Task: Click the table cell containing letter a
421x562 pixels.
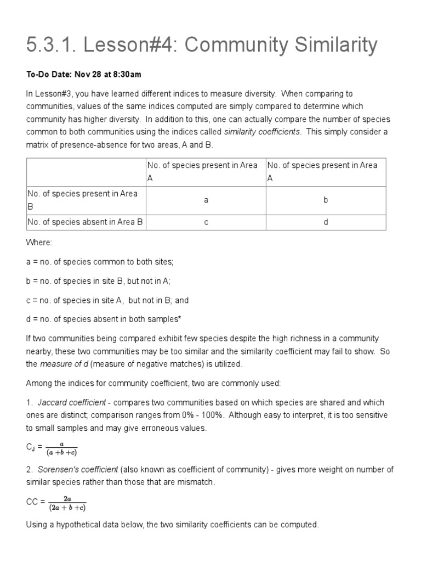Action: (x=206, y=200)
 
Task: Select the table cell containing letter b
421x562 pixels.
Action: (x=326, y=200)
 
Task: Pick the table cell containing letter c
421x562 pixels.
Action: (x=206, y=222)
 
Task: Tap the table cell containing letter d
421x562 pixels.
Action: (x=326, y=222)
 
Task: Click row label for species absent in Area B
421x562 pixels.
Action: (x=85, y=222)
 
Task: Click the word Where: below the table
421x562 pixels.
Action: (x=39, y=242)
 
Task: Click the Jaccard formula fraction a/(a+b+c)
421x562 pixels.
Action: (x=61, y=448)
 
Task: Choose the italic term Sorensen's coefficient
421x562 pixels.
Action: (x=78, y=469)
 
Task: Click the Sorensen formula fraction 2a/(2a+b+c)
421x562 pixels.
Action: (x=67, y=503)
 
